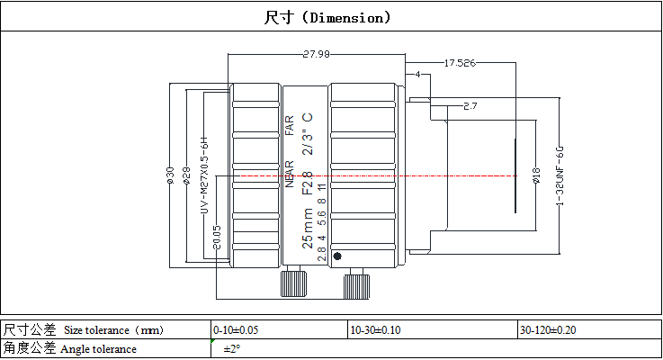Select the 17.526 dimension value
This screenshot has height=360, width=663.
[x=459, y=63]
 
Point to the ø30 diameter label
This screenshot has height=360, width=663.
[x=169, y=175]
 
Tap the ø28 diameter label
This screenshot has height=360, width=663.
[x=184, y=175]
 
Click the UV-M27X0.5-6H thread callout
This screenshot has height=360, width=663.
[x=203, y=175]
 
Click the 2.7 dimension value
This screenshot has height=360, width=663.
[x=469, y=106]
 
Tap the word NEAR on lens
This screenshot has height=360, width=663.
[x=290, y=174]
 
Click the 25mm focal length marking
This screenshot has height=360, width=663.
[x=308, y=228]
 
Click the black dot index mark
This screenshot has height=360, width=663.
[x=337, y=256]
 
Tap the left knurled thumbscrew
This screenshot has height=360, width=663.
[x=292, y=283]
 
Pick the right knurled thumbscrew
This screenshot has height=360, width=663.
[x=355, y=284]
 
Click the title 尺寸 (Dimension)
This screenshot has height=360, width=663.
[x=327, y=17]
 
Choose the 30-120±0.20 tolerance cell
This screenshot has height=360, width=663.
[x=549, y=330]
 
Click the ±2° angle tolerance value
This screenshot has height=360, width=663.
[x=232, y=349]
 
